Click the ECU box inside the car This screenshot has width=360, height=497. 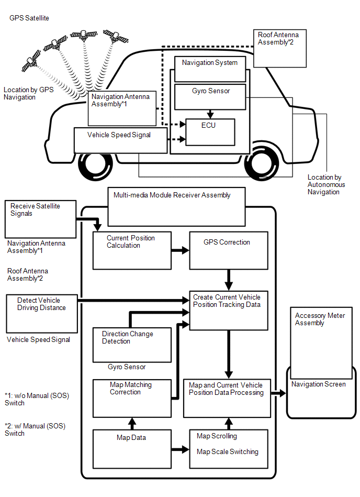210,132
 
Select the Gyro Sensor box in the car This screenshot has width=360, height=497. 210,96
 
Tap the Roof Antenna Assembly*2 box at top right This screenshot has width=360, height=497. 279,48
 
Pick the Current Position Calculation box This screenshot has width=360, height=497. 132,250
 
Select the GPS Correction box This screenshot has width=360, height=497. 229,250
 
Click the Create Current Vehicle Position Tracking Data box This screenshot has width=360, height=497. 229,310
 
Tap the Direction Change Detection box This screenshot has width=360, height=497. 132,345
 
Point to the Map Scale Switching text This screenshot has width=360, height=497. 228,452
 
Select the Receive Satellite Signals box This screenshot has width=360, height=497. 41,218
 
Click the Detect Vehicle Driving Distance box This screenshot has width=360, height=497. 41,312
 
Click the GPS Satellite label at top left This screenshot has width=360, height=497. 29,18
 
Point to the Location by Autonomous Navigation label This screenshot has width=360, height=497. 327,185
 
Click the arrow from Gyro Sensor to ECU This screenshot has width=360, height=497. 210,113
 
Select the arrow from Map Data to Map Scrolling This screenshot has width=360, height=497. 180,449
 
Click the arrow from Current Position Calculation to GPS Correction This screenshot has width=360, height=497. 180,251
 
